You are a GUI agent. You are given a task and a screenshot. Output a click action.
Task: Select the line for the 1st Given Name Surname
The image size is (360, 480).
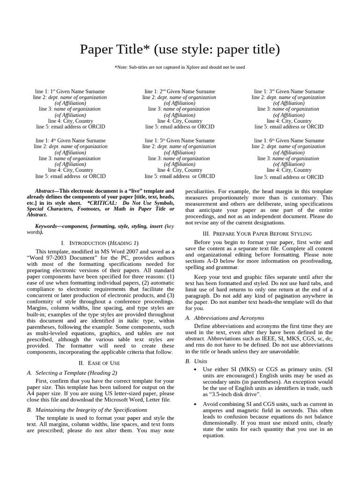pyautogui.click(x=70, y=91)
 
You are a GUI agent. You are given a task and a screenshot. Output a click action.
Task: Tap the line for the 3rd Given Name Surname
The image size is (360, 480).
pyautogui.click(x=289, y=91)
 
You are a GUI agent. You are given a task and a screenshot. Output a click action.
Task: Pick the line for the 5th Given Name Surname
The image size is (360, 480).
pyautogui.click(x=180, y=141)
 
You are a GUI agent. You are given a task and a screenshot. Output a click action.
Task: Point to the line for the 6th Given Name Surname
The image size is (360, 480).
pyautogui.click(x=289, y=141)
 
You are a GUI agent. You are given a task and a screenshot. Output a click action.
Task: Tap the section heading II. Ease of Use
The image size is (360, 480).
pyautogui.click(x=99, y=363)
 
